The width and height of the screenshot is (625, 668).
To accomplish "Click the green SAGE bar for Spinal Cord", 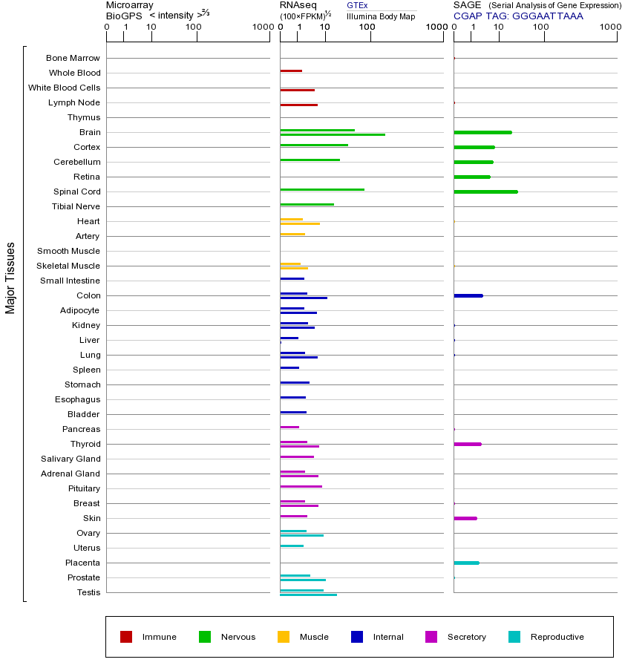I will (x=485, y=191).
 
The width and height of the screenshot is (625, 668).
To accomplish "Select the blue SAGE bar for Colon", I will (x=468, y=295).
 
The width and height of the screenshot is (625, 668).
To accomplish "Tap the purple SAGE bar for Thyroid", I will (x=468, y=444).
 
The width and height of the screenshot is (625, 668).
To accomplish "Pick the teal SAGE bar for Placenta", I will (x=466, y=563).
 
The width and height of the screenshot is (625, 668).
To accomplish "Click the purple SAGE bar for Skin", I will (x=465, y=518).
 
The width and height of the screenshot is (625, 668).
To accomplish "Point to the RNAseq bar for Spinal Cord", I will (x=322, y=189).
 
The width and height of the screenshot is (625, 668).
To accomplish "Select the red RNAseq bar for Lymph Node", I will (x=298, y=105).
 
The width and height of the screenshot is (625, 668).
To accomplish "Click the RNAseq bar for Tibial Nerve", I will (x=307, y=204).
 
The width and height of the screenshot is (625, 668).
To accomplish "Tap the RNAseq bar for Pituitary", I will (x=301, y=486).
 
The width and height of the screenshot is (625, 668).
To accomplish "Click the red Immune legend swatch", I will (x=126, y=637).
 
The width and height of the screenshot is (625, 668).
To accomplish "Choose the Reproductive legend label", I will (x=557, y=637).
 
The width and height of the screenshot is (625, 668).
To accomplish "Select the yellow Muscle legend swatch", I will (x=284, y=637).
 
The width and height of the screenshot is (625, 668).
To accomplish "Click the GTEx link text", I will (x=357, y=5).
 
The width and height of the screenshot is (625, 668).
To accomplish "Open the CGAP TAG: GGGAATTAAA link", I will (x=518, y=16).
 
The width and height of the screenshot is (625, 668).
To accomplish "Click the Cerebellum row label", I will (x=76, y=162).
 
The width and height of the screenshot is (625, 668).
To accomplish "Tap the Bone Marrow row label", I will (x=73, y=58).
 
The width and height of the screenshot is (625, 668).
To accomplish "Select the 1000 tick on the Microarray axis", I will (x=262, y=27).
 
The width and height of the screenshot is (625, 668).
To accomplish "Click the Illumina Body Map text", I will (x=381, y=16).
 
